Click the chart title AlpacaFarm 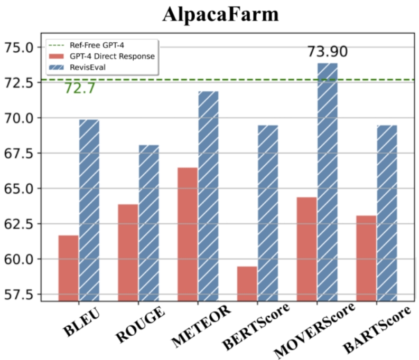tap(220, 15)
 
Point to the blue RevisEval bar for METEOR tap(208, 196)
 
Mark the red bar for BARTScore tap(367, 258)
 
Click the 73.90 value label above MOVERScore tap(328, 52)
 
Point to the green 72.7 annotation tap(80, 88)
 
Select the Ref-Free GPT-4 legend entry tap(98, 45)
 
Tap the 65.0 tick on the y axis tap(22, 188)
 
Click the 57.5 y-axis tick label tap(22, 295)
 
